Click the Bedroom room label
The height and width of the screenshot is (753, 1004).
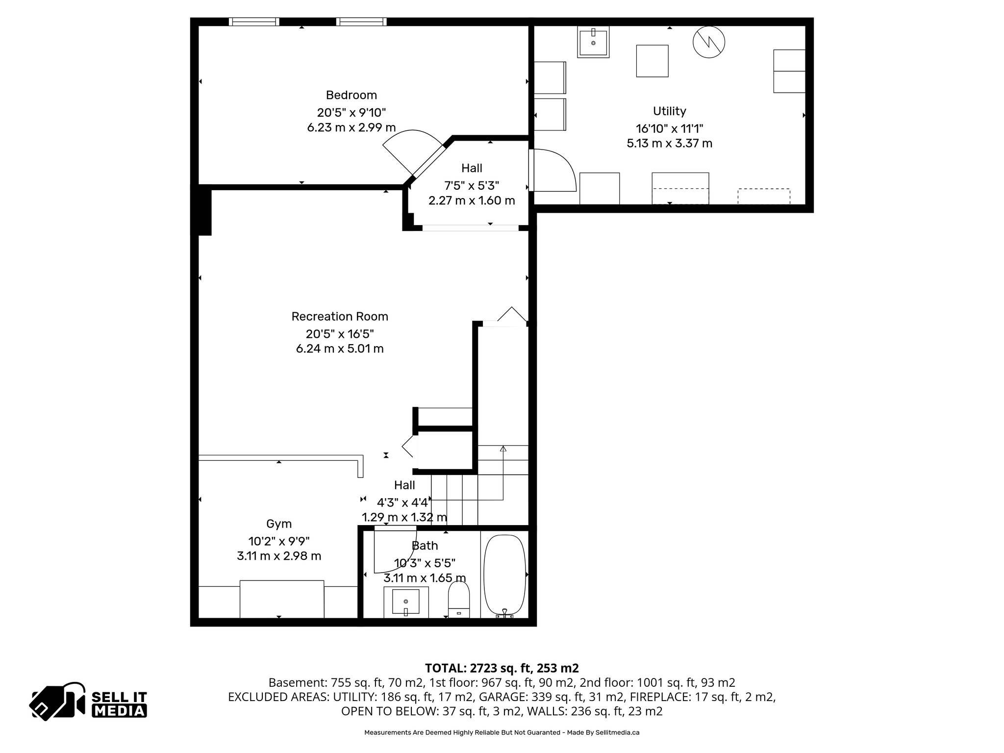(x=351, y=95)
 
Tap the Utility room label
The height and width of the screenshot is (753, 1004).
(x=669, y=111)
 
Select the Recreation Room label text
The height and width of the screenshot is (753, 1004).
(x=340, y=317)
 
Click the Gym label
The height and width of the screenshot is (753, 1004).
(x=279, y=524)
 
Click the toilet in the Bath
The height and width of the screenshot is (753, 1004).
(x=459, y=599)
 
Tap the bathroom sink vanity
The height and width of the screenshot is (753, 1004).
(x=405, y=602)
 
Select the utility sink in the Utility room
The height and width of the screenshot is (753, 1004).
(x=593, y=43)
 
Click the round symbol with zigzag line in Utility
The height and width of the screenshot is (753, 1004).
(x=709, y=42)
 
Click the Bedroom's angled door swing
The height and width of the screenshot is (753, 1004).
(x=409, y=150)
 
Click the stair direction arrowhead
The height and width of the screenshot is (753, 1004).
(x=503, y=449)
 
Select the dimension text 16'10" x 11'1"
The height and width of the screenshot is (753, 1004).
(x=669, y=129)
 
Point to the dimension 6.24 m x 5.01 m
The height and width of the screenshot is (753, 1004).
(x=340, y=349)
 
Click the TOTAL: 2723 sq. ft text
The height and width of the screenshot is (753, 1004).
(x=501, y=668)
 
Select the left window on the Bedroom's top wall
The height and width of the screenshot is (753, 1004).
(x=254, y=22)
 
